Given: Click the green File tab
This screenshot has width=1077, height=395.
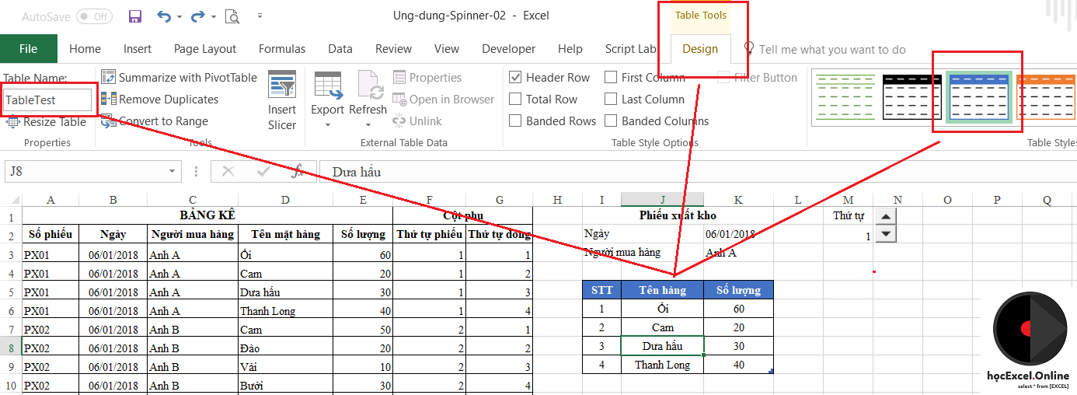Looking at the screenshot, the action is (x=29, y=48).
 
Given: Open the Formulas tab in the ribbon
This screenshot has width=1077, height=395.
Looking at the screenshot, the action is (x=282, y=49).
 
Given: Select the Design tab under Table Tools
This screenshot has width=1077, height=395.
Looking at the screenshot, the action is (x=700, y=49).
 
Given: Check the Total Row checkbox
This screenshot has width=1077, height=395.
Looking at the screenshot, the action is (x=515, y=99).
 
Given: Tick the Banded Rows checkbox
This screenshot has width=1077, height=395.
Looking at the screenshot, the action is (x=515, y=121).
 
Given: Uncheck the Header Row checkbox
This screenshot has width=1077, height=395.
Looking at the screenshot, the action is (x=515, y=78).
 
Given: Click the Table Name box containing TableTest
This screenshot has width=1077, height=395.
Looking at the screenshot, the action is (x=47, y=100).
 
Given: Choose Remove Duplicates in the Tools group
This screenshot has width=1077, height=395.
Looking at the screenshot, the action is (x=160, y=99).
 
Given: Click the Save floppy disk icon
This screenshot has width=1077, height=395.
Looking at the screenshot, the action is (x=135, y=17).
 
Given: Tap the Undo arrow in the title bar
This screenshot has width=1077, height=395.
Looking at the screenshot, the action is (x=164, y=17).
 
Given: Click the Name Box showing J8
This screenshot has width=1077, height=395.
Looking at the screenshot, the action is (x=86, y=171).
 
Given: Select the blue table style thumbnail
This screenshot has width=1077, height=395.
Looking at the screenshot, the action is (x=979, y=97).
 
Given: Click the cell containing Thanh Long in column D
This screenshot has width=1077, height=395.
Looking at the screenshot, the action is (x=285, y=311).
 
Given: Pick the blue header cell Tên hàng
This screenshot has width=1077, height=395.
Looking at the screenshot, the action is (x=662, y=290).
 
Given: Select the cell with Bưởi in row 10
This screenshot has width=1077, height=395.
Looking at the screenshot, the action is (x=285, y=386).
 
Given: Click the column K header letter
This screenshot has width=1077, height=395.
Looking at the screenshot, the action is (x=738, y=200).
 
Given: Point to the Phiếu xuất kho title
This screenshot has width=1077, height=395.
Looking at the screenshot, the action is (x=678, y=215).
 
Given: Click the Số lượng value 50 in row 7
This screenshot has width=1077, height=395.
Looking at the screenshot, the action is (x=363, y=330).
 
